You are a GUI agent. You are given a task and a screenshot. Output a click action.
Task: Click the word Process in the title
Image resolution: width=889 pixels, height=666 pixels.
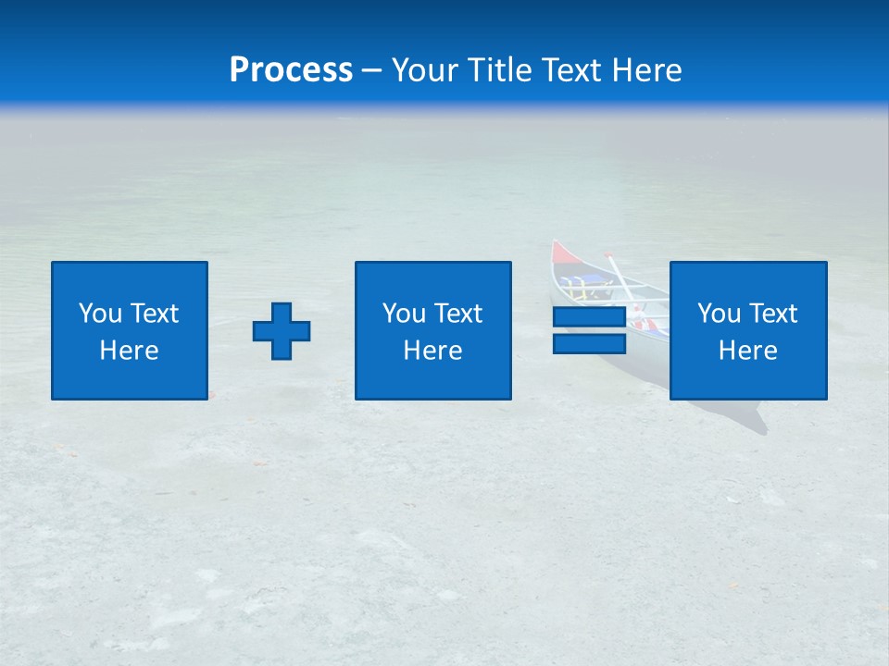291,70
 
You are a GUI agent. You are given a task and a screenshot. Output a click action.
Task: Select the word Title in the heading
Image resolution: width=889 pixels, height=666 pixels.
500,70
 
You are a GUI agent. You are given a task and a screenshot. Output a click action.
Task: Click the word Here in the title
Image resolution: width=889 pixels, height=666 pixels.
647,70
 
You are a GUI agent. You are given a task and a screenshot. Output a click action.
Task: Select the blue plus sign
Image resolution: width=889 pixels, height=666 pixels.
282,331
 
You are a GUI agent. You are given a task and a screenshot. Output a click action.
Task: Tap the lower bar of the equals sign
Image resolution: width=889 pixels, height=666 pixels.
589,343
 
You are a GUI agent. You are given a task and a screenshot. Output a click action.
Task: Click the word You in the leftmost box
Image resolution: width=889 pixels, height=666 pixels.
99,314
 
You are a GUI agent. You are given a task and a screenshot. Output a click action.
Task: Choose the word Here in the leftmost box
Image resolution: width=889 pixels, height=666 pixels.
129,351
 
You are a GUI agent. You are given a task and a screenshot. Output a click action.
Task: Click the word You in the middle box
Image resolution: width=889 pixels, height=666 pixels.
403,314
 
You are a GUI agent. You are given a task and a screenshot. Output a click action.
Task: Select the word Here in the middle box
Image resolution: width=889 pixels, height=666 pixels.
432,351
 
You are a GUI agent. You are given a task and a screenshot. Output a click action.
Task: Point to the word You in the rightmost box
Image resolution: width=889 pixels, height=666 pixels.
718,314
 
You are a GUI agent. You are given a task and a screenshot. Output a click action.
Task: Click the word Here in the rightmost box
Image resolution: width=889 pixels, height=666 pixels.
747,351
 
